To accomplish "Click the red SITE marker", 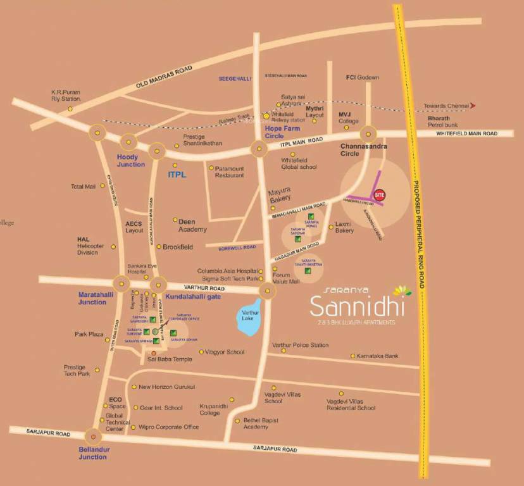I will coord(380,195).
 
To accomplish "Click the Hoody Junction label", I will coord(131,160).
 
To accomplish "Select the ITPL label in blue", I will coord(177,173).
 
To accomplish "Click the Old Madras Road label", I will coord(163,77).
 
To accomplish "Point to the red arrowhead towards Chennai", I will coord(473,106).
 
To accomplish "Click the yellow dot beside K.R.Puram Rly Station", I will coord(70,109).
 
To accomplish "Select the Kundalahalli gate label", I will coord(193,296).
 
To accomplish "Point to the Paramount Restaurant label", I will coord(229,171).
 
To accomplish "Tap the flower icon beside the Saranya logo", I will coord(401,291).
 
